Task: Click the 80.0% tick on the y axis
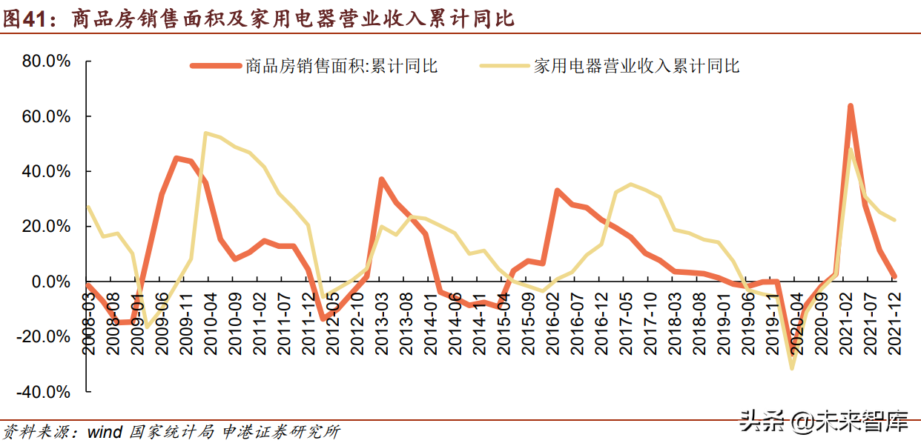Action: (46, 61)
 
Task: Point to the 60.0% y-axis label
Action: (46, 116)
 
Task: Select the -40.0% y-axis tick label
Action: (44, 391)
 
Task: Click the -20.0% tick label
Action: (44, 336)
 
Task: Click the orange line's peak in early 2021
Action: (850, 106)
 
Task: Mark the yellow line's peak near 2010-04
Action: (205, 133)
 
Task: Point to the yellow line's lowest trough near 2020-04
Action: (792, 368)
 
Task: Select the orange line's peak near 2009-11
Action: (176, 158)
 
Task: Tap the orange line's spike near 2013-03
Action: (380, 179)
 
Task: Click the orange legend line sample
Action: (216, 66)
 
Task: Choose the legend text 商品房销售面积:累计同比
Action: (342, 66)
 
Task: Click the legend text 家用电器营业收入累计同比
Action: (636, 66)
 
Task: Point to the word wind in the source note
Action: (104, 432)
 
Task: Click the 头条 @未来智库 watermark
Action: (823, 422)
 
